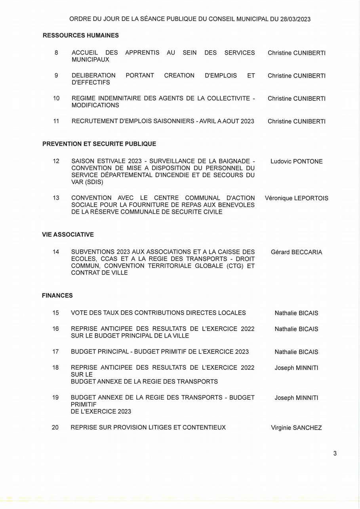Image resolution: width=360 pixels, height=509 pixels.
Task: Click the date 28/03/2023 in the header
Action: click(295, 19)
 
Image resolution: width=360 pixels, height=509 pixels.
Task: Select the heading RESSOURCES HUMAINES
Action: click(81, 36)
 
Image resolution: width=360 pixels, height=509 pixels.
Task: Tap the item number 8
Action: click(56, 52)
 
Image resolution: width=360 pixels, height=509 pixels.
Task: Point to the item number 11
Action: click(56, 121)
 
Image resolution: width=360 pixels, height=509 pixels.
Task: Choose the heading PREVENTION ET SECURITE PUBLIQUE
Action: click(99, 144)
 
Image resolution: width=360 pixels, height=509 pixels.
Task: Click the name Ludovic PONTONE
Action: click(296, 161)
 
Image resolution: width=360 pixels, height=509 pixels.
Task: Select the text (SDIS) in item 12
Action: click(95, 182)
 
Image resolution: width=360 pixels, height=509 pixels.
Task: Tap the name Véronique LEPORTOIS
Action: click(296, 198)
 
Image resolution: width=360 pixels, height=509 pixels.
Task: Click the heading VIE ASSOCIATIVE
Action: click(68, 235)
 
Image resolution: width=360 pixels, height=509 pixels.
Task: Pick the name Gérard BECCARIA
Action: click(296, 252)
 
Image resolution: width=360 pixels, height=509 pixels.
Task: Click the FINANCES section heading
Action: click(57, 296)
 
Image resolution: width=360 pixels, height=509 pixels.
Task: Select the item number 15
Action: click(55, 313)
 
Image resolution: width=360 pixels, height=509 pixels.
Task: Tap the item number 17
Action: click(55, 351)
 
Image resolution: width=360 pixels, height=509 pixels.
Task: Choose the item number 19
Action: click(55, 397)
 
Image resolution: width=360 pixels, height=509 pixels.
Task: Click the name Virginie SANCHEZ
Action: click(296, 428)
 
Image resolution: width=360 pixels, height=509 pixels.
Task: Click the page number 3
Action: click(335, 454)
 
